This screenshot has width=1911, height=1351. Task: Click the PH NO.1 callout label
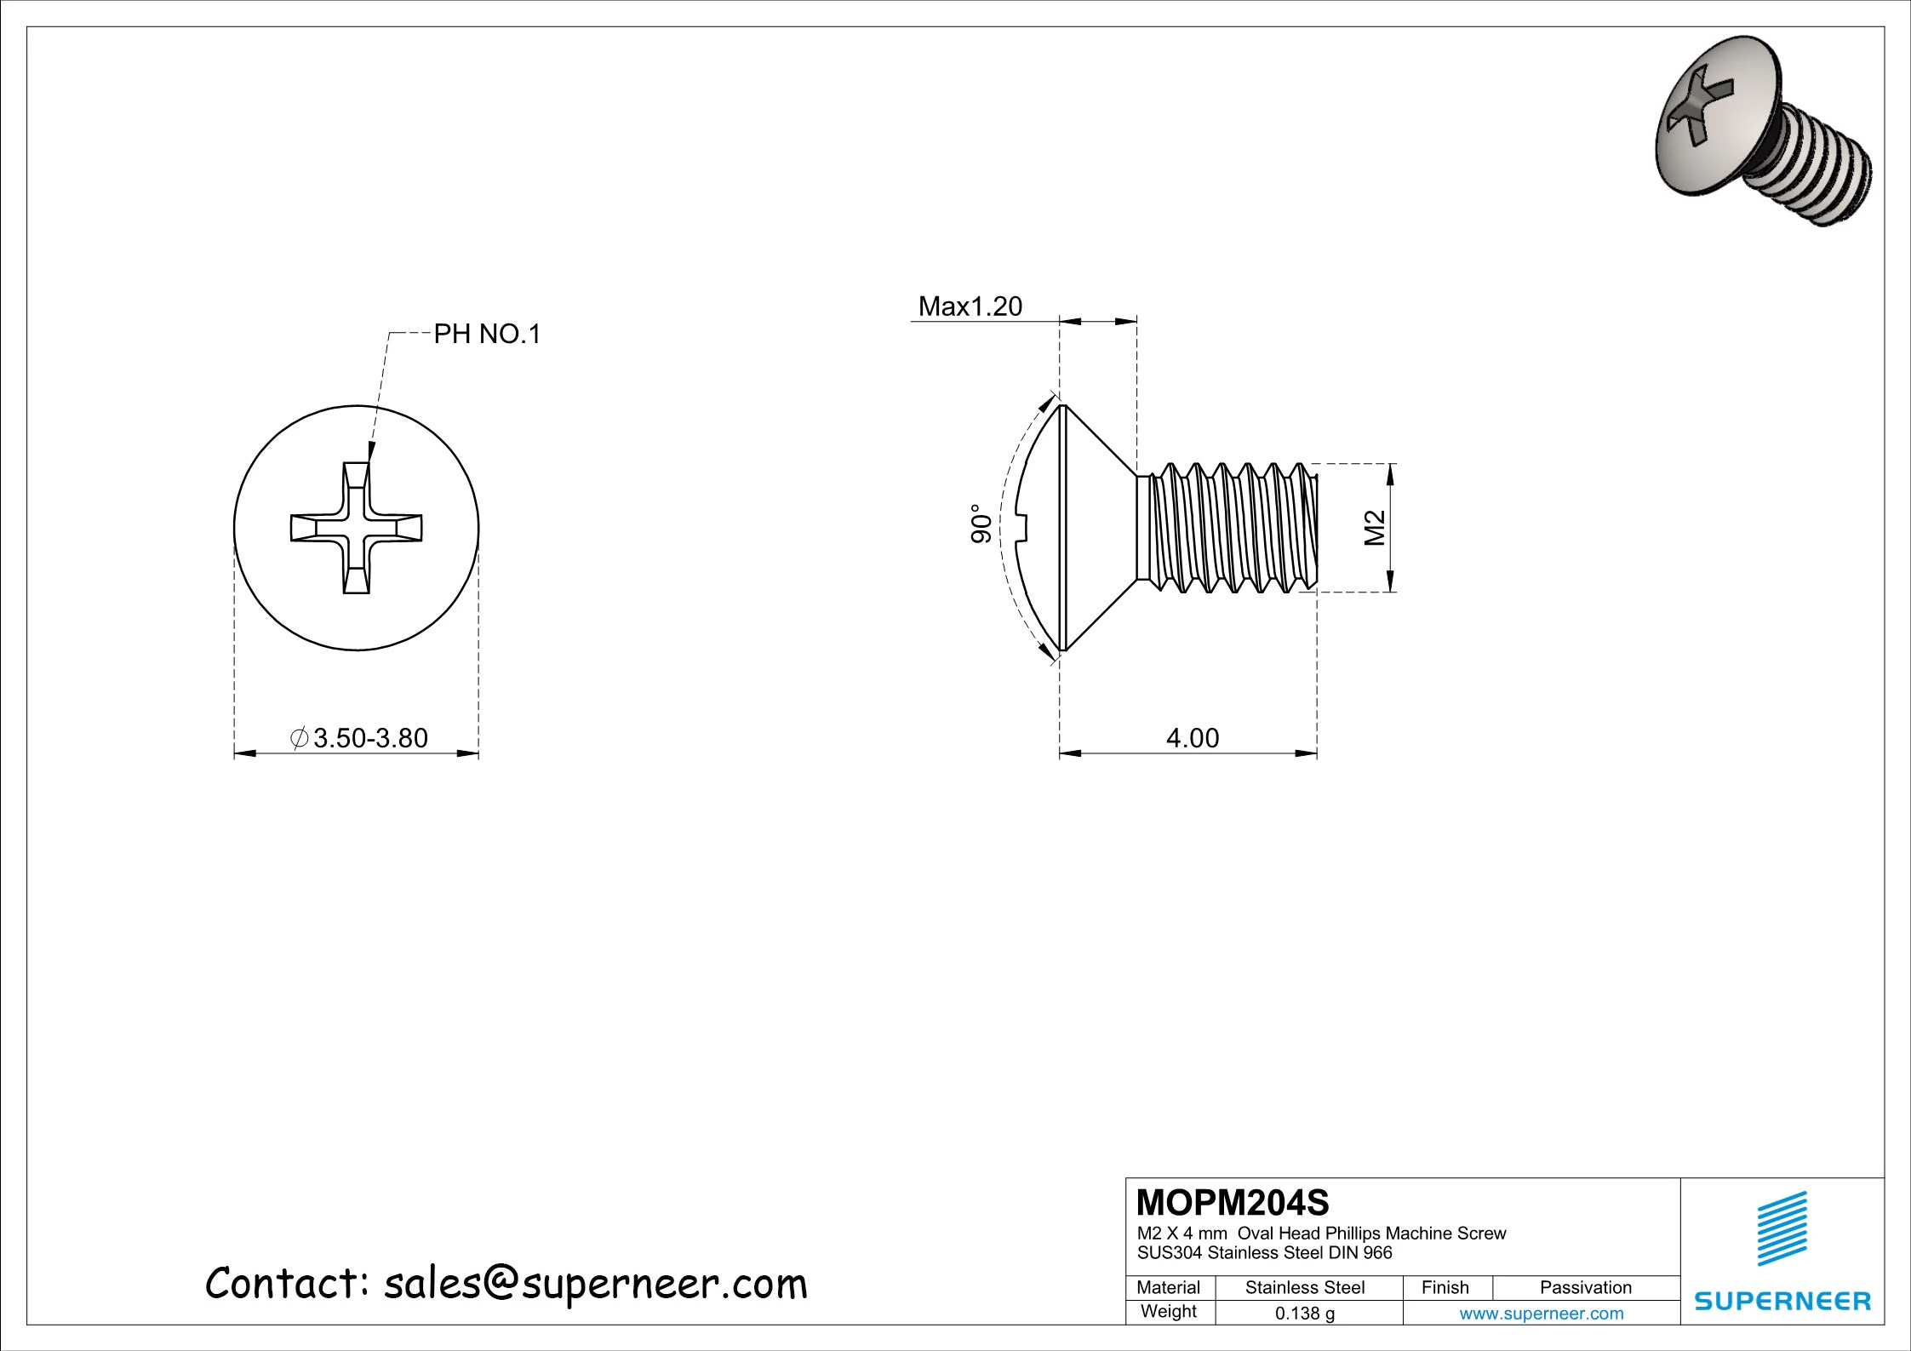pyautogui.click(x=487, y=334)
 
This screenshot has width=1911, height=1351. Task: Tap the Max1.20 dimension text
pyautogui.click(x=970, y=306)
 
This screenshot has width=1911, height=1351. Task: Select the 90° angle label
pyautogui.click(x=981, y=524)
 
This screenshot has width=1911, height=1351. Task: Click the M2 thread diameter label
pyautogui.click(x=1374, y=528)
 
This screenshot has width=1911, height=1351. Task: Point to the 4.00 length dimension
pyautogui.click(x=1192, y=737)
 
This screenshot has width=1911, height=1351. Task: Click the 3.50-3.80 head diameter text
pyautogui.click(x=369, y=738)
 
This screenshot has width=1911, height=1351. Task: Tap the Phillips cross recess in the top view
pyautogui.click(x=356, y=528)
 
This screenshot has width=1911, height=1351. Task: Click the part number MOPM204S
pyautogui.click(x=1232, y=1202)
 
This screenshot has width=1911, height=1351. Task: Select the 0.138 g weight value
pyautogui.click(x=1304, y=1313)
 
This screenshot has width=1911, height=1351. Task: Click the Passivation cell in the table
pyautogui.click(x=1585, y=1287)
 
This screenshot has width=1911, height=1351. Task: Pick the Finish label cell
pyautogui.click(x=1445, y=1287)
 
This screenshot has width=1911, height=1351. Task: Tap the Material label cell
pyautogui.click(x=1168, y=1287)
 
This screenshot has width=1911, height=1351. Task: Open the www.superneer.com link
pyautogui.click(x=1541, y=1313)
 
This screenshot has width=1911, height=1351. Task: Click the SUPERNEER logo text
pyautogui.click(x=1782, y=1301)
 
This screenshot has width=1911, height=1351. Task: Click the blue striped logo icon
pyautogui.click(x=1782, y=1228)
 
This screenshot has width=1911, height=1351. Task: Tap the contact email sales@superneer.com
pyautogui.click(x=594, y=1284)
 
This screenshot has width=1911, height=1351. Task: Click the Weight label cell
pyautogui.click(x=1168, y=1311)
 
